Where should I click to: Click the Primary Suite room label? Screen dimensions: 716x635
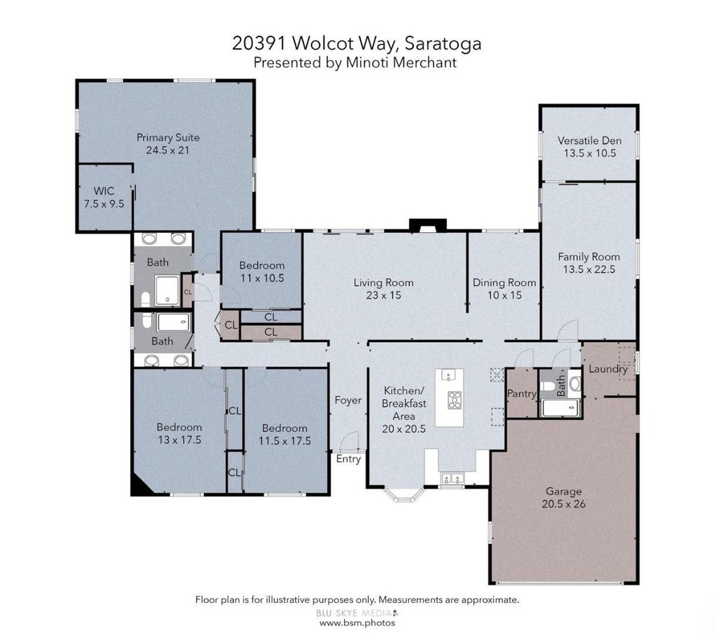tap(168, 138)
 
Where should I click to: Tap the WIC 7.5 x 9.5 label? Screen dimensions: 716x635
tap(104, 197)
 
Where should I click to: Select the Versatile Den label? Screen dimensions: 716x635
tap(589, 141)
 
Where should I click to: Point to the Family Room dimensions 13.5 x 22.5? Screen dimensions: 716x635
tap(589, 269)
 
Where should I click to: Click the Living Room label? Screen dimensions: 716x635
tap(384, 283)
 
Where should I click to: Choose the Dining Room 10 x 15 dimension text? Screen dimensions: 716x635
tap(505, 295)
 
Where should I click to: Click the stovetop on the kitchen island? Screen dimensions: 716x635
tap(454, 400)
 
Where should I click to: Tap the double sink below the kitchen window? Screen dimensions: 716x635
tap(452, 479)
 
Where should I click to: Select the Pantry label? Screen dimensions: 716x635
tap(522, 393)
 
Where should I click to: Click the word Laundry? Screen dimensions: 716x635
tap(608, 369)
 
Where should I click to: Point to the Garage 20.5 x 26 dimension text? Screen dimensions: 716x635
tap(564, 504)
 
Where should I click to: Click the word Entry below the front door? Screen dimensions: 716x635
tap(348, 459)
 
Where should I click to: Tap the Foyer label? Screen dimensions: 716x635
tap(348, 401)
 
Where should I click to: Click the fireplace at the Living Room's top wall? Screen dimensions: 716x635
tap(427, 226)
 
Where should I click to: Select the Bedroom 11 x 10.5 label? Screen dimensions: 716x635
tap(262, 272)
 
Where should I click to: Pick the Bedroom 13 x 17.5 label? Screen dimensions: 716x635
tap(179, 434)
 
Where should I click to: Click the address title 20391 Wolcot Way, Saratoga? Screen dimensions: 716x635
tap(357, 43)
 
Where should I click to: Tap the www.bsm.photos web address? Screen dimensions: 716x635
tap(357, 622)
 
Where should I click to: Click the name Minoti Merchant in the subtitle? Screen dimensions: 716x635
tap(401, 62)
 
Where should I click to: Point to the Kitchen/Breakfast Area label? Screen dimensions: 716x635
tap(404, 410)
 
